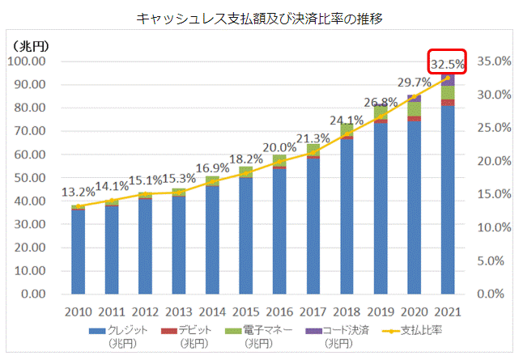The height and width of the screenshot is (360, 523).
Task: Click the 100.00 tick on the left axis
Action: click(x=28, y=61)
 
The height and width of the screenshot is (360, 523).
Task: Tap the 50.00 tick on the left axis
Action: click(x=31, y=178)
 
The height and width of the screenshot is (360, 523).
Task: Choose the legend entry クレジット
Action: click(x=125, y=331)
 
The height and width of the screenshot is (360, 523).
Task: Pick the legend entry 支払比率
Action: click(x=425, y=331)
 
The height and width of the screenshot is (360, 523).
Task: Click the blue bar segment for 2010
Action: click(x=79, y=251)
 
